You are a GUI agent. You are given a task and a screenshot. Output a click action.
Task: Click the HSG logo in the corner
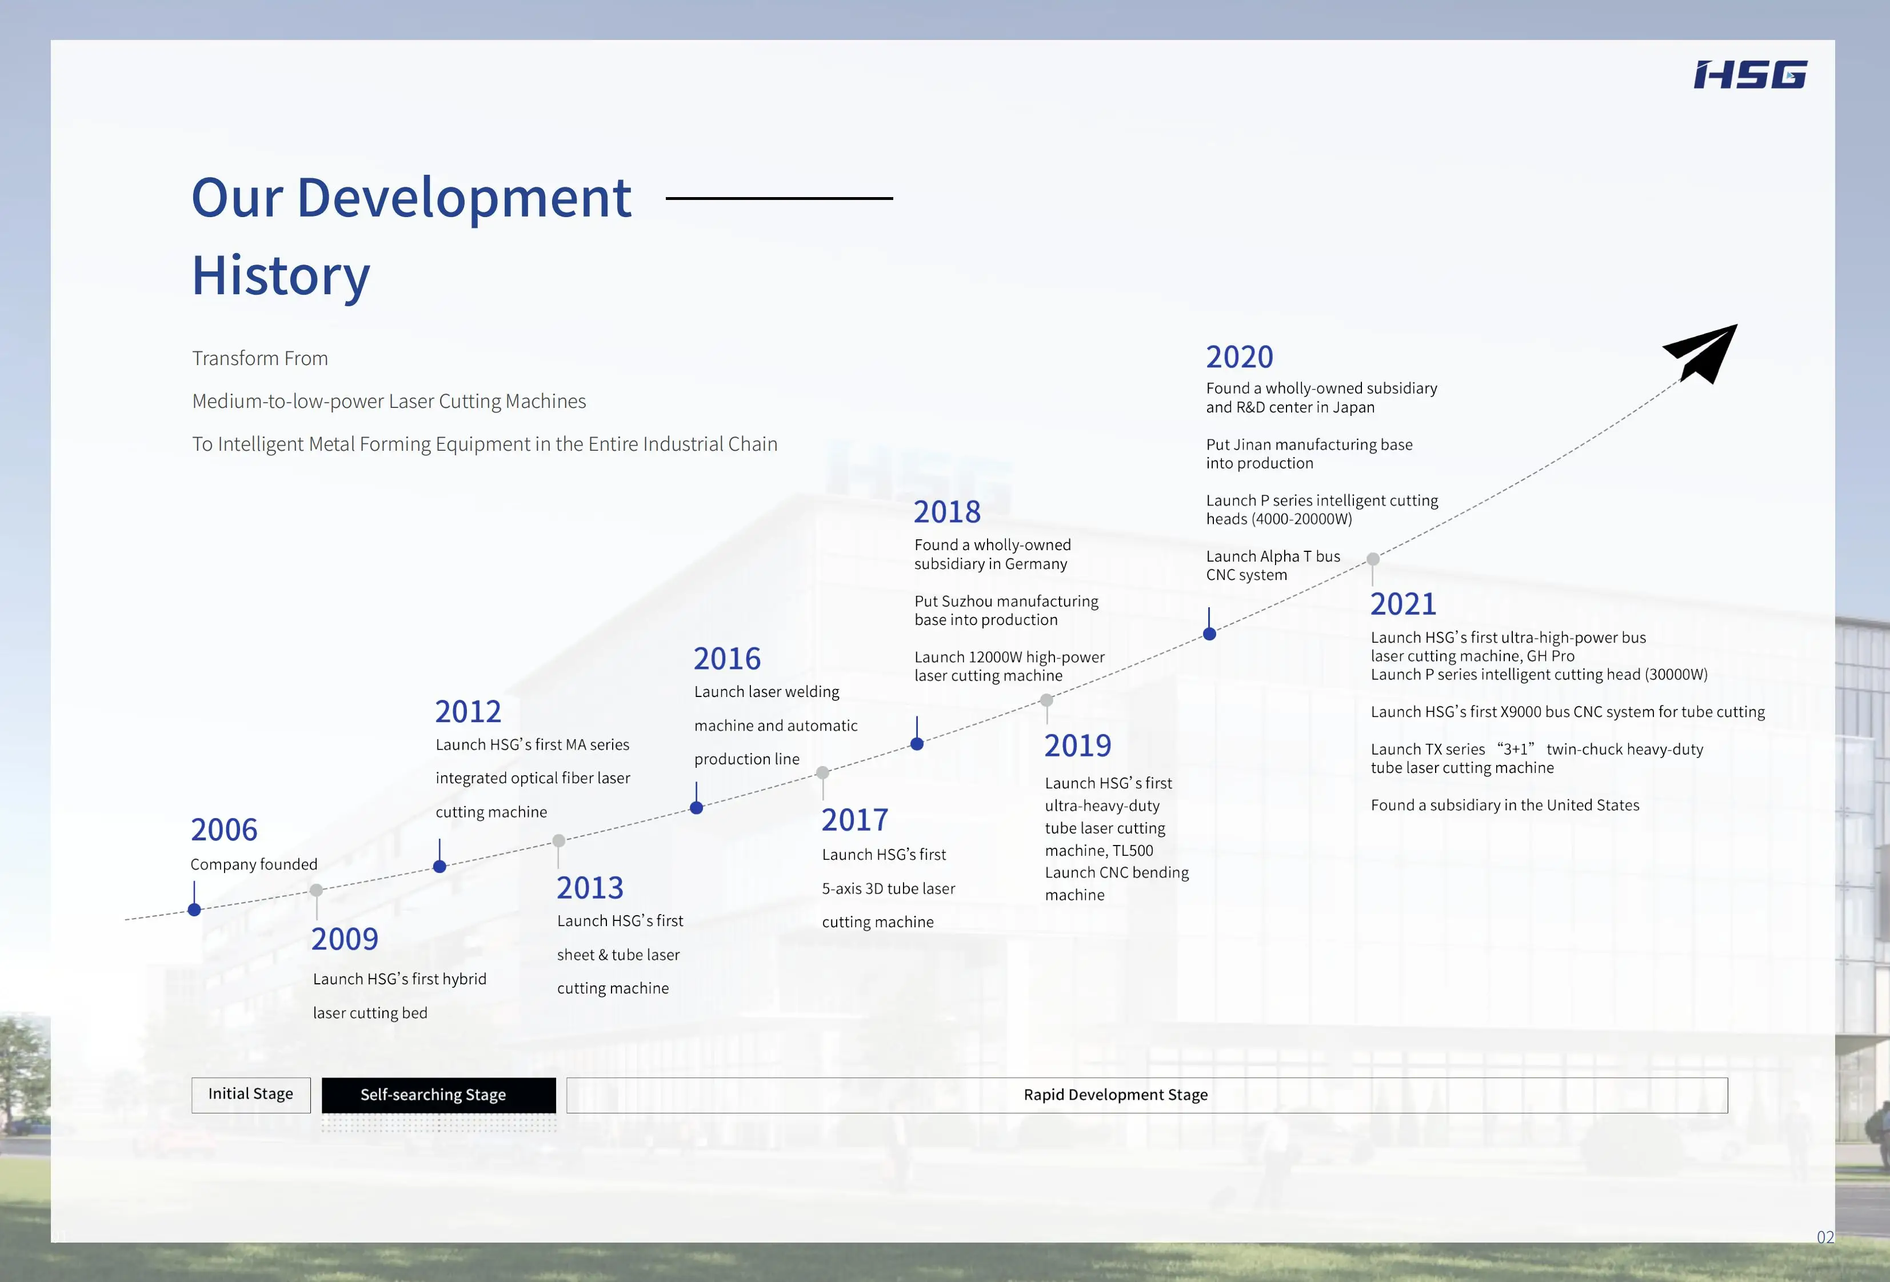tap(1750, 75)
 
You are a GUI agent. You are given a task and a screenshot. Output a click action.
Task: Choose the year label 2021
tap(1403, 604)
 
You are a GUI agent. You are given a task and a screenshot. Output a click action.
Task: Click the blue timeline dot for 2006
tap(194, 910)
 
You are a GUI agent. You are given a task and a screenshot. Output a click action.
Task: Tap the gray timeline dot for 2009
tap(317, 890)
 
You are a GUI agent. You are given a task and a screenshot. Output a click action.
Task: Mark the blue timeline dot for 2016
tap(696, 807)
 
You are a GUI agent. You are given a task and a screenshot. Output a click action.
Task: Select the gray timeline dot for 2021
tap(1373, 559)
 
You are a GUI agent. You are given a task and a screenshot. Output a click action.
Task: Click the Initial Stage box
tap(250, 1094)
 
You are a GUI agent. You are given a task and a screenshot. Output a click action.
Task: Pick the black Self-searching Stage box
tap(438, 1095)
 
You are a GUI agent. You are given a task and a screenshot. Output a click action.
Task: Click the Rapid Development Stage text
tap(1115, 1095)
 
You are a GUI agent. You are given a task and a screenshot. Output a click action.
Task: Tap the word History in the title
tap(281, 275)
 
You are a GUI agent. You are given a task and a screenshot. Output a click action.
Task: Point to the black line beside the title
tap(779, 198)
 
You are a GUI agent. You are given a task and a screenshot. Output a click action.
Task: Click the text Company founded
tap(254, 864)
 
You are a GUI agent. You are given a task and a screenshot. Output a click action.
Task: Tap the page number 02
tap(1825, 1237)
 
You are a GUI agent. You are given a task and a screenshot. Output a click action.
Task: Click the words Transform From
tap(260, 359)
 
